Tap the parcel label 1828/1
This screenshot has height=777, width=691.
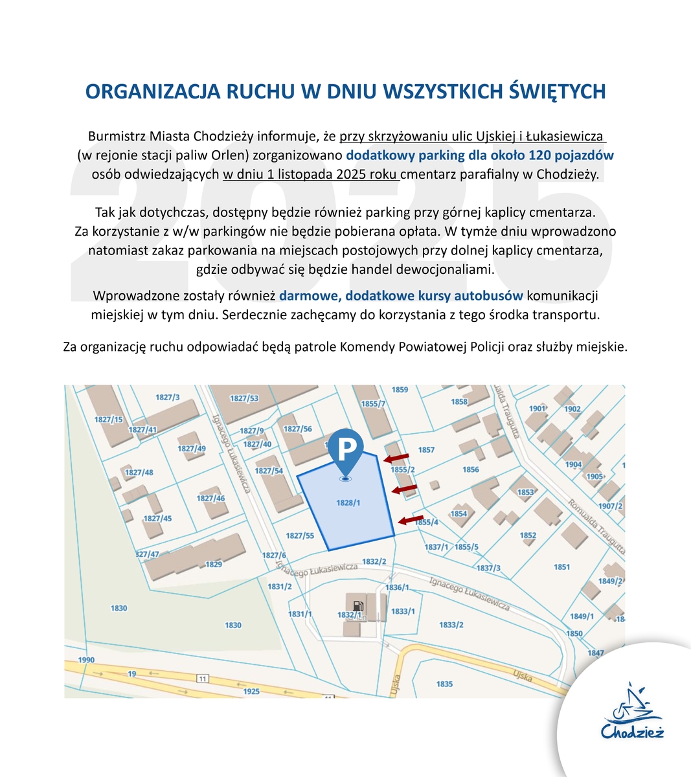[348, 502]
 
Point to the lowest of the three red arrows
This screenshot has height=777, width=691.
[410, 519]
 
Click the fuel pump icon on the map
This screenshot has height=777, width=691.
[359, 606]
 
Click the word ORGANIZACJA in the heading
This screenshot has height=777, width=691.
[150, 91]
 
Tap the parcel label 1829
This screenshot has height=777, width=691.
[214, 564]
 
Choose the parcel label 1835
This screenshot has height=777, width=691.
[444, 684]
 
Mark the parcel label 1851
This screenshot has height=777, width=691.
[561, 567]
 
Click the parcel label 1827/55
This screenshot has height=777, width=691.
[300, 535]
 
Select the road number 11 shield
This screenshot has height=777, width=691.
[203, 678]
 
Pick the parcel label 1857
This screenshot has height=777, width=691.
[426, 449]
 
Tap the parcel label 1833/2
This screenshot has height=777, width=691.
[451, 625]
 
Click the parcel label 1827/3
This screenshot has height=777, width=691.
[168, 397]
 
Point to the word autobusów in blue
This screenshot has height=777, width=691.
[492, 296]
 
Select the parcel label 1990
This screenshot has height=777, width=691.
[86, 660]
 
